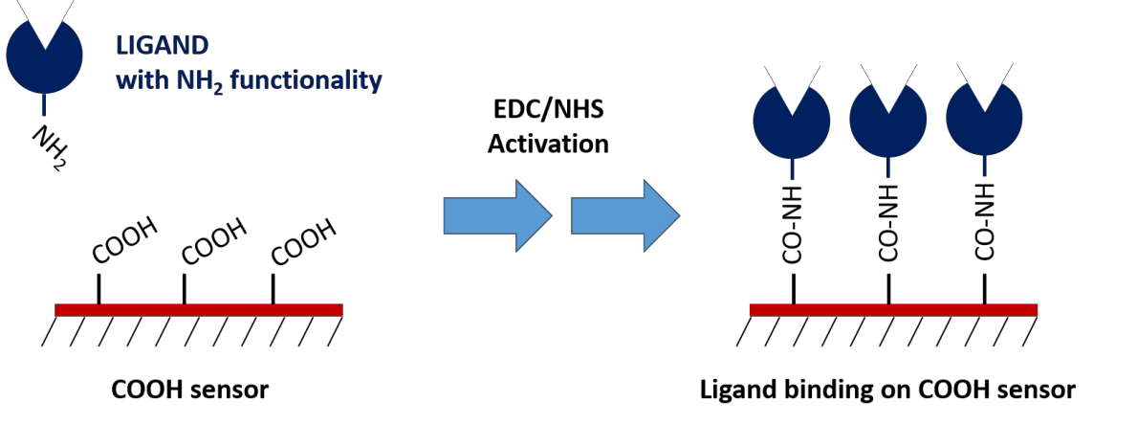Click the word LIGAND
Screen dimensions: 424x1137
point(162,46)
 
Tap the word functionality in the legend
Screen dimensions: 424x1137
point(305,80)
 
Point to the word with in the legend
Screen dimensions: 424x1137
point(140,80)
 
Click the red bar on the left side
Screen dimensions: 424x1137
point(198,309)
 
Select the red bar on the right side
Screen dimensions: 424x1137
point(893,309)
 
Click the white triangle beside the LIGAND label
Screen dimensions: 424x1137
point(45,17)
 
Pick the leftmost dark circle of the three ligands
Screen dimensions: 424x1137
point(791,129)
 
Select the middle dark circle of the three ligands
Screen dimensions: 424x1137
point(887,128)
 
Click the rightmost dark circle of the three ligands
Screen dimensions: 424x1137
point(984,126)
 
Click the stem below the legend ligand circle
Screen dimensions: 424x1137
point(44,104)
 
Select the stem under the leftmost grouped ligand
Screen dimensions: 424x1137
point(792,168)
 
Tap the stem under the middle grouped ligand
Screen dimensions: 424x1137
point(887,167)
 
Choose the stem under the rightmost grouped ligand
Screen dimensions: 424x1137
point(984,165)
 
